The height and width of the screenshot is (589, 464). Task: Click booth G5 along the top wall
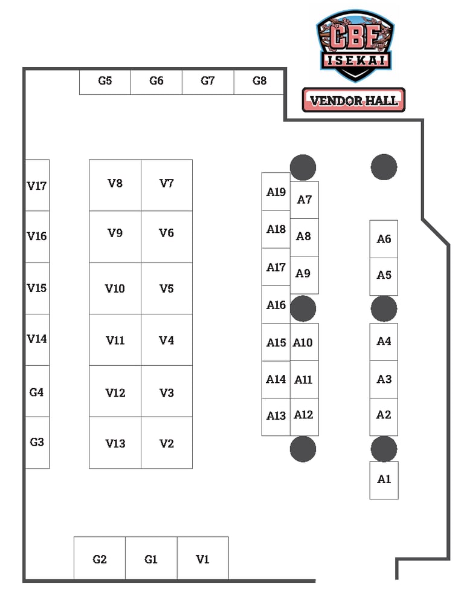pos(105,81)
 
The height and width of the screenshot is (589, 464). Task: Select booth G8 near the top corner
pos(259,81)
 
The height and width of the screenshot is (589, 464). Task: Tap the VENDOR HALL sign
pos(353,100)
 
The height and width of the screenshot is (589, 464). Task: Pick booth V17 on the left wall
pos(37,186)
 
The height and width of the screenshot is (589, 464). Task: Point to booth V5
pos(167,288)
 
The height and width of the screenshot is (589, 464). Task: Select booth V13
pos(115,443)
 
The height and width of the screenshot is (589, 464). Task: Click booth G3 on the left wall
pos(37,442)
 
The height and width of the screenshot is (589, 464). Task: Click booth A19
pos(276,192)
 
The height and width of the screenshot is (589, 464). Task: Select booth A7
pos(304,200)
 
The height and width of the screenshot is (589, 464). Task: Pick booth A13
pos(276,416)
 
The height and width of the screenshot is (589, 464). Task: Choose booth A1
pos(384,480)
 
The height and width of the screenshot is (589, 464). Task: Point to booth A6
pos(384,239)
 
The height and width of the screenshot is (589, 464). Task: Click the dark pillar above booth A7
pos(303,168)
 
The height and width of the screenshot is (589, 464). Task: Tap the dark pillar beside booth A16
pos(303,308)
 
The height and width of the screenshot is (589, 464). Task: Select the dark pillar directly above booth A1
pos(384,449)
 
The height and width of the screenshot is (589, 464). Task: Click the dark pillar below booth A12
pos(303,449)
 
